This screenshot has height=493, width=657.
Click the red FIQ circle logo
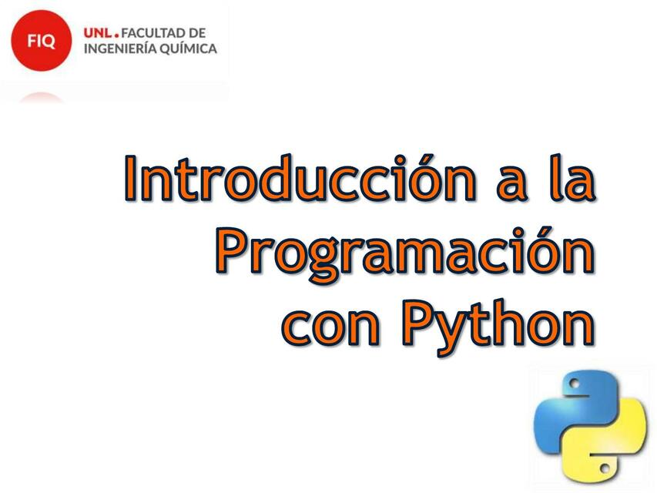pos(41,41)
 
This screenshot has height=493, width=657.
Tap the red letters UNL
pos(97,33)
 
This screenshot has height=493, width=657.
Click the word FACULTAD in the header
pos(153,33)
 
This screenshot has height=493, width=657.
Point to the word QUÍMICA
pos(191,49)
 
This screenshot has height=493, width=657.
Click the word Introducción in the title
pos(297,179)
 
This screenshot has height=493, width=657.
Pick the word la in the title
pos(572,179)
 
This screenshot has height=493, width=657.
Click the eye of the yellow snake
pos(607,467)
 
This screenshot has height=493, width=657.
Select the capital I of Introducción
pos(132,178)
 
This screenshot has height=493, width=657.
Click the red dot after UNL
pos(117,36)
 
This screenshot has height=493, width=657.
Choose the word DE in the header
pos(196,33)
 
